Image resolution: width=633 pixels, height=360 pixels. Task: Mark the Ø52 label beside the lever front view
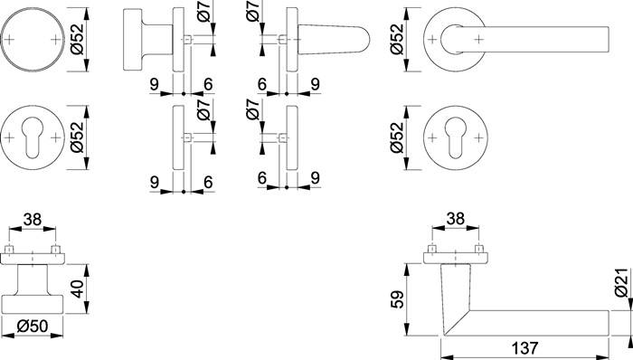(395, 39)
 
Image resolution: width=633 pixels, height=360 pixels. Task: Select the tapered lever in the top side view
(335, 39)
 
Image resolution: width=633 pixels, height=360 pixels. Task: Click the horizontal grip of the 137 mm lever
(543, 322)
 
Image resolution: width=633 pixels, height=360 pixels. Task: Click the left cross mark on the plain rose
(14, 41)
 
